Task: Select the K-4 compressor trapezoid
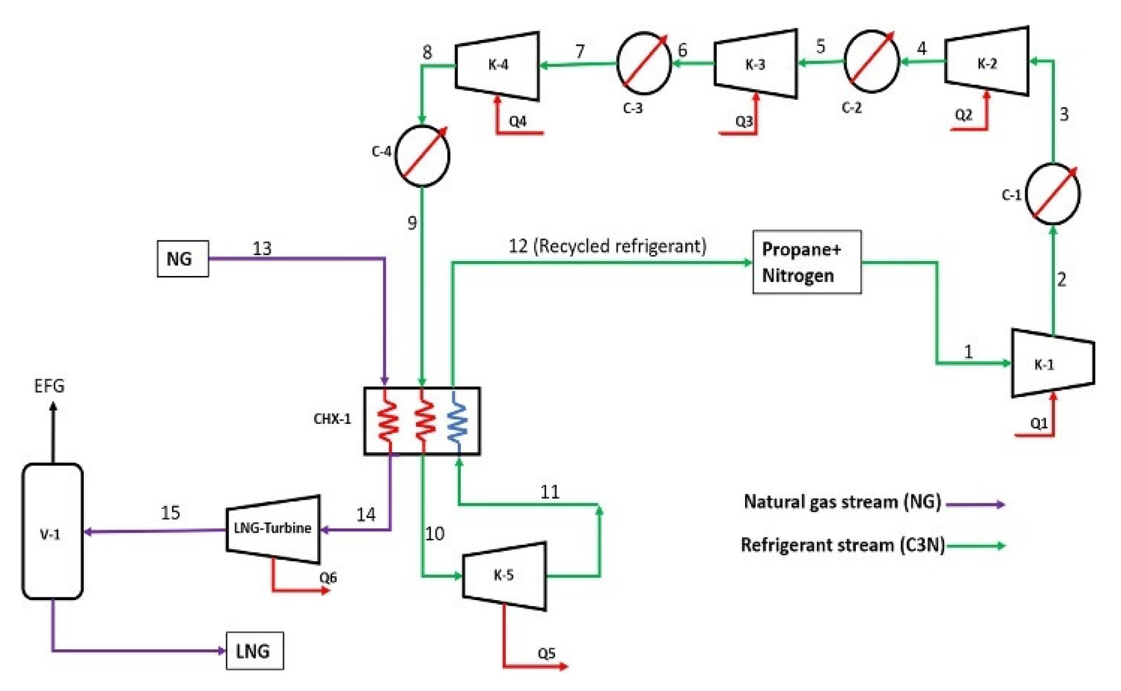[497, 66]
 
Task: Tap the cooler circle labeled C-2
[871, 61]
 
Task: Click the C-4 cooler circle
[422, 156]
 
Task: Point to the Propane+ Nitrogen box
[807, 262]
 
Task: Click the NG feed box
[182, 258]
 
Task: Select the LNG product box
[255, 650]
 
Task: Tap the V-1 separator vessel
[52, 531]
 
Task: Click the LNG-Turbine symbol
[273, 529]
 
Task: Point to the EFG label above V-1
[49, 386]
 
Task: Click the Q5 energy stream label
[546, 653]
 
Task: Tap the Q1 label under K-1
[1038, 423]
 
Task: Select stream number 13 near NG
[262, 249]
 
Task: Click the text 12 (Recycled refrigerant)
[607, 246]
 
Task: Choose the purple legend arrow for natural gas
[975, 504]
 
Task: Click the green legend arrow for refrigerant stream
[976, 545]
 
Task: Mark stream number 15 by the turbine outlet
[170, 513]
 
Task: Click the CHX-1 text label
[332, 419]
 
